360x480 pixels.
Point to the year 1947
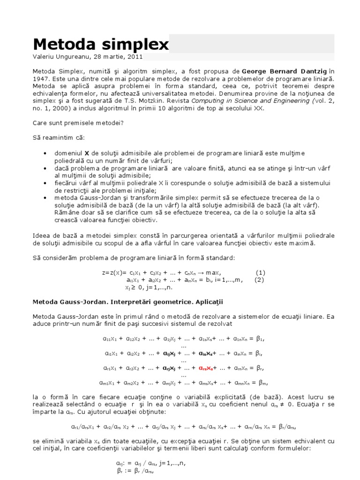point(41,79)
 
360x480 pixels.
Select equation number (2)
point(259,280)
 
